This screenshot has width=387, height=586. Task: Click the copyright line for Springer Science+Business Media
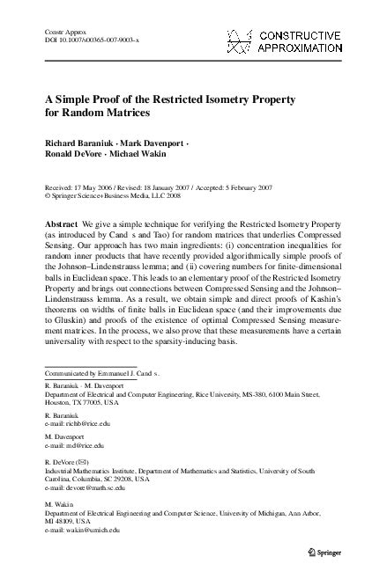click(123, 197)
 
